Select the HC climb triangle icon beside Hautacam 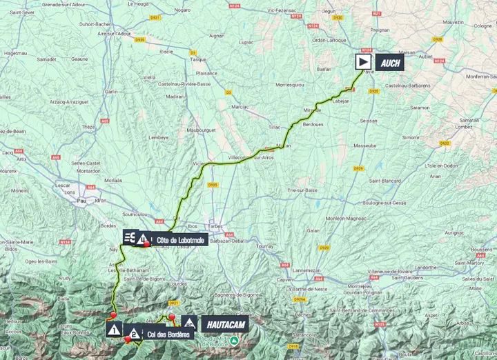pyautogui.click(x=189, y=323)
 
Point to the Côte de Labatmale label pyautogui.click(x=180, y=240)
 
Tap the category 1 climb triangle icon pyautogui.click(x=114, y=329)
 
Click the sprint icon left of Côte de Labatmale pyautogui.click(x=130, y=238)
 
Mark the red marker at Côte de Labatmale pyautogui.click(x=147, y=244)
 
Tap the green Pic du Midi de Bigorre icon pyautogui.click(x=235, y=341)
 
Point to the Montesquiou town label pyautogui.click(x=295, y=84)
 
